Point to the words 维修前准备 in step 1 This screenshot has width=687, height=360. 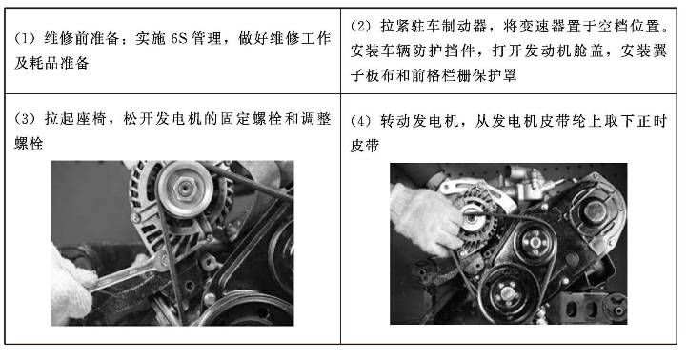coord(77,39)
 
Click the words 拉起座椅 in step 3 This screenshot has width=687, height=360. coord(77,120)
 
